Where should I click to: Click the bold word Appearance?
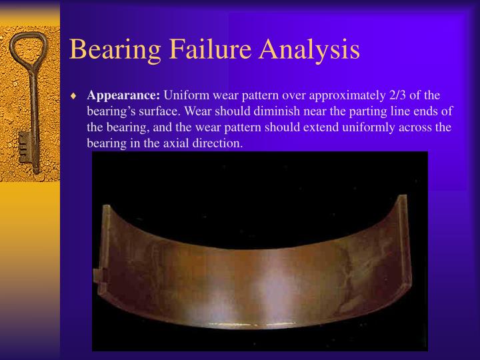coord(123,95)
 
